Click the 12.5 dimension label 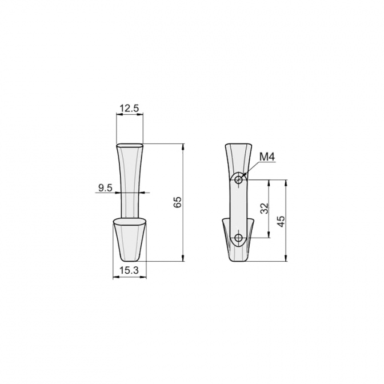(x=129, y=108)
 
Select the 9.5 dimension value (x=105, y=188)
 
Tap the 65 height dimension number (x=178, y=202)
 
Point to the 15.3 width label (x=129, y=270)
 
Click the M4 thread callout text (x=267, y=157)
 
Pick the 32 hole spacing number (x=265, y=209)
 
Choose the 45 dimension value (x=281, y=221)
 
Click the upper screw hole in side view (x=238, y=181)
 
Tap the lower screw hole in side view (x=238, y=238)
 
